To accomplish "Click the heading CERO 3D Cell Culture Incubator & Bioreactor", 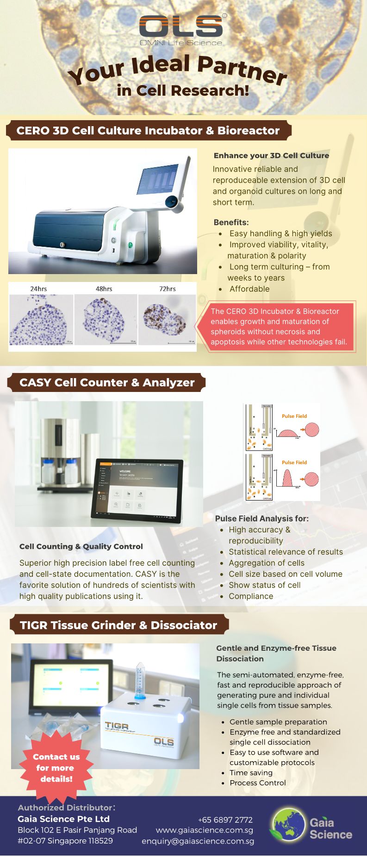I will pos(148,131).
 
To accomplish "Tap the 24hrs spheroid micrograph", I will pos(41,319).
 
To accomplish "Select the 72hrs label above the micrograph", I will pos(167,289).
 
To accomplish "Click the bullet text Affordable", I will pos(249,289).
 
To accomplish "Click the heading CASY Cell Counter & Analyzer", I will pos(107,383).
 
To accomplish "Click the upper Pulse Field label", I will pos(294,416).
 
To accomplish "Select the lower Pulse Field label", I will pos(294,462).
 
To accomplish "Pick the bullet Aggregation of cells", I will pos(267,563).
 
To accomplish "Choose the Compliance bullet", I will pos(251,596).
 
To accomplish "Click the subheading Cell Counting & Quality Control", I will pos(81,546).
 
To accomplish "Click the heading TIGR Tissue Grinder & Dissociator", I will pos(118,625).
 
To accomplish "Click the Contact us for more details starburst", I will pos(56,768).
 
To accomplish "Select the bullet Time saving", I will pos(251,773).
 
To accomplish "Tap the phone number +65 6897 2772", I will pos(225,820).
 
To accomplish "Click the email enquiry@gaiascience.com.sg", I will pos(198,841).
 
